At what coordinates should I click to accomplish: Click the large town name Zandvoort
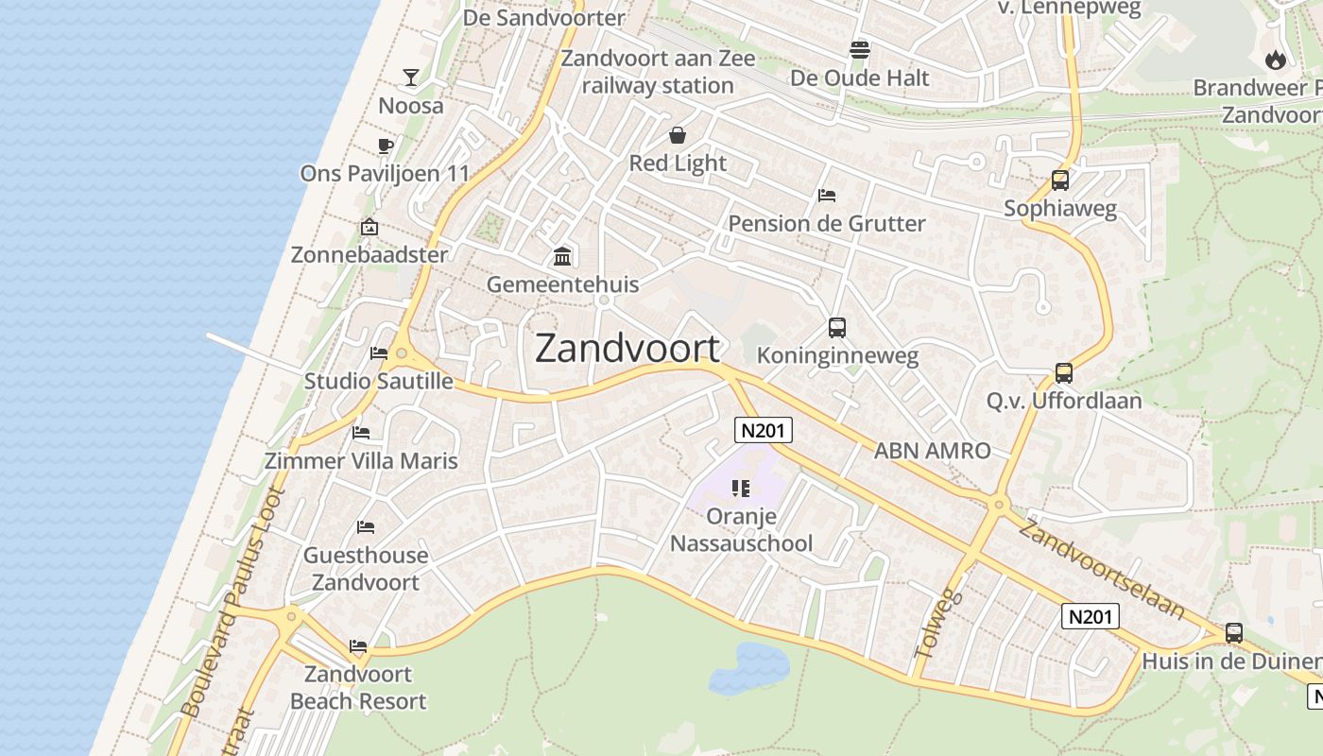coord(627,349)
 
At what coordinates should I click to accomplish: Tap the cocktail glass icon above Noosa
coord(411,77)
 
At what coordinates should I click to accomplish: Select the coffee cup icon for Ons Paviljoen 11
coord(385,146)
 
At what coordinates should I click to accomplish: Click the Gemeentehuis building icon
coord(563,256)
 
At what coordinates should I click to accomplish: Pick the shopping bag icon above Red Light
coord(678,135)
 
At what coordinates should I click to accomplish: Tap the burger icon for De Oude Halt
coord(859,49)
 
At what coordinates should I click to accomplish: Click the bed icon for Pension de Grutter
coord(827,196)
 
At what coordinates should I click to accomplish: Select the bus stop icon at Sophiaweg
coord(1060,180)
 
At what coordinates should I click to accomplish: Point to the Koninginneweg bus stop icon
coord(837,328)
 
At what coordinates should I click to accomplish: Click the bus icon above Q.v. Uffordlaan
coord(1064,373)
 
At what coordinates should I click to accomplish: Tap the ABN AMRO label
coord(932,451)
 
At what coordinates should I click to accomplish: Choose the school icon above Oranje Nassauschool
coord(741,489)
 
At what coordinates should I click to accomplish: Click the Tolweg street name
coord(937,624)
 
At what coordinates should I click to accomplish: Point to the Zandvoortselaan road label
coord(1102,569)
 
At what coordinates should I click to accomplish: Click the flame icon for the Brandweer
coord(1276,60)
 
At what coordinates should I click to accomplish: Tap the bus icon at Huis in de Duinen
coord(1234,633)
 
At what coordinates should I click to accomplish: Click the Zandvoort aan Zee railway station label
coord(659,72)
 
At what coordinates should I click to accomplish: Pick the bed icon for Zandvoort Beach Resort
coord(358,646)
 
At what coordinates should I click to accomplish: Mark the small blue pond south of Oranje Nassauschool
coord(749,667)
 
